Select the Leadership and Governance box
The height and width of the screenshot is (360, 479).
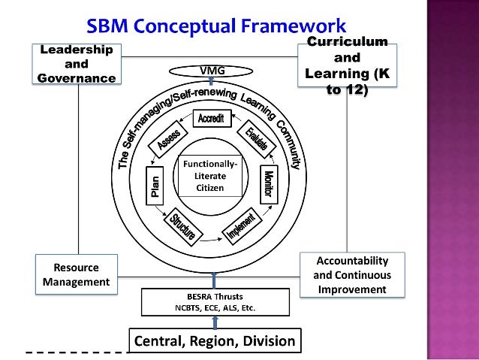77,64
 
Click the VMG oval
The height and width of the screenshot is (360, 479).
212,71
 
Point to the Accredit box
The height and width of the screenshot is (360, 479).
212,119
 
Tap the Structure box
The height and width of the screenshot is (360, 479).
183,228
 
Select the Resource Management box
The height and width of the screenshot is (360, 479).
76,274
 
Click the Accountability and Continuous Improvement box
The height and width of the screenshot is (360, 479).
351,274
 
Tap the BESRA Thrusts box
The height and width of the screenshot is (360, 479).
215,301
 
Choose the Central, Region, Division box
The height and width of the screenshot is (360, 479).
215,342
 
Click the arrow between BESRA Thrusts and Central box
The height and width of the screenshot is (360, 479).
215,322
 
